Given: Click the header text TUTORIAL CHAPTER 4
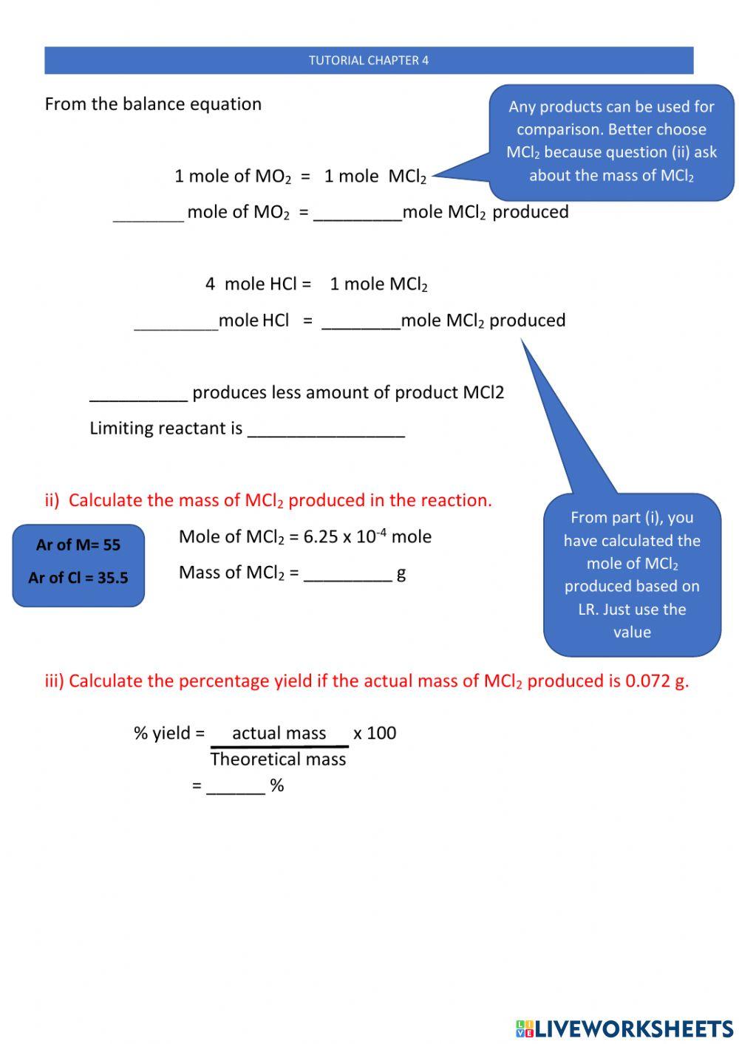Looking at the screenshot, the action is (369, 61).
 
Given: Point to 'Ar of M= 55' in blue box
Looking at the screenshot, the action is (78, 545).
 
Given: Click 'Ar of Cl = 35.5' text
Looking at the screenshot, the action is (78, 578).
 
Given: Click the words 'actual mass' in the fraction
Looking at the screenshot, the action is (279, 733).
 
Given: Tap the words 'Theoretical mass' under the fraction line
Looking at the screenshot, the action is (278, 760).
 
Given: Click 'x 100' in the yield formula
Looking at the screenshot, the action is (375, 733).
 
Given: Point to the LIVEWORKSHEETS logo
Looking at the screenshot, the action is (624, 1028).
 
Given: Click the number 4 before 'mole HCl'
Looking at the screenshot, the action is (211, 284).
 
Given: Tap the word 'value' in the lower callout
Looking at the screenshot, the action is (632, 632).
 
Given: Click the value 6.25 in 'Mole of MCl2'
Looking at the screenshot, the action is (321, 537).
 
